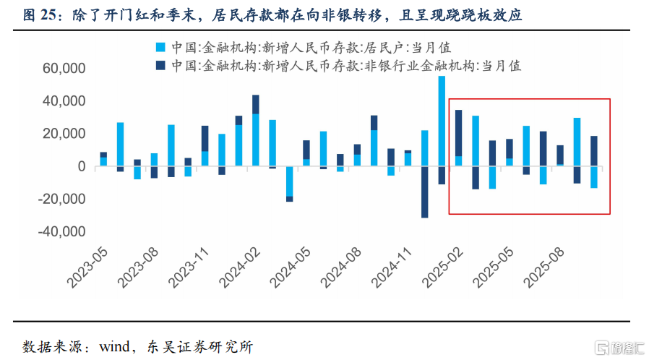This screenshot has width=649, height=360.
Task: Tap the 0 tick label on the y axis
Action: [x=82, y=167]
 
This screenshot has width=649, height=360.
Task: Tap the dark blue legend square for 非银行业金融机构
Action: [x=160, y=65]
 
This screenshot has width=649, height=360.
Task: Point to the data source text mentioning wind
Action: [x=137, y=346]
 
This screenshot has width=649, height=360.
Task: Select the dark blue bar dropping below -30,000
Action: [x=425, y=192]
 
